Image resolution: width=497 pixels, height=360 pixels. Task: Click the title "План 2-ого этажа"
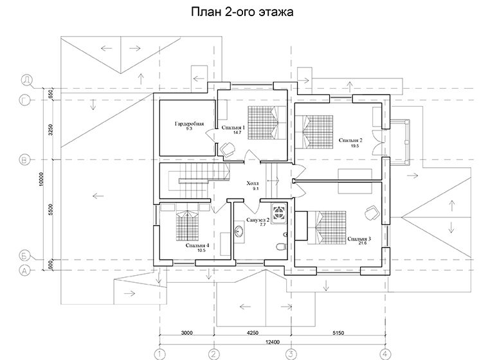tap(242, 12)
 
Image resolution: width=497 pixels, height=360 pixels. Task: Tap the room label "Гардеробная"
tap(189, 123)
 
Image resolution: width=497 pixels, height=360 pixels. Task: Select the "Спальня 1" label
tap(233, 127)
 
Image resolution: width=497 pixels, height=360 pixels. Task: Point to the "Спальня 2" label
tap(350, 140)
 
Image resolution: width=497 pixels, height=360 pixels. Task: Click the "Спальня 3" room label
tap(359, 239)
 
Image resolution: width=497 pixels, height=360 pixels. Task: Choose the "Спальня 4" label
tap(197, 246)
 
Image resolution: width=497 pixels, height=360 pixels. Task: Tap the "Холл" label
tap(253, 183)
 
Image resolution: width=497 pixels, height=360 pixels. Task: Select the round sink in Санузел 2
tap(239, 231)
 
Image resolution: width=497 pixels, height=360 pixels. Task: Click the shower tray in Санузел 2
tap(279, 212)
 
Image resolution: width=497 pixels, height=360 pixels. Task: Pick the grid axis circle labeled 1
tap(159, 354)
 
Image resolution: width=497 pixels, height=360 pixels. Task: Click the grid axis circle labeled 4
tap(385, 354)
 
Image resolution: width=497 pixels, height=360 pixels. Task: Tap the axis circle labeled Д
tap(26, 80)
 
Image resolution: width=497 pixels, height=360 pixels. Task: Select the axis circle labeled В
tap(24, 159)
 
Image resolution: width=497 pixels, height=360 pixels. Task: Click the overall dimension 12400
tap(273, 342)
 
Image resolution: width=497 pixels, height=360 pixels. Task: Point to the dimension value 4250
tap(253, 333)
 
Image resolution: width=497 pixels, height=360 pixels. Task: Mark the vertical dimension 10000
tap(42, 179)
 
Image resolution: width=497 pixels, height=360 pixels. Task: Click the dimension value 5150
tap(338, 333)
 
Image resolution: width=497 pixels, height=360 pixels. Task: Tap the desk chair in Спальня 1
tap(227, 149)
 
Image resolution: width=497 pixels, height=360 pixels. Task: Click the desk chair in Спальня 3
tap(372, 212)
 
